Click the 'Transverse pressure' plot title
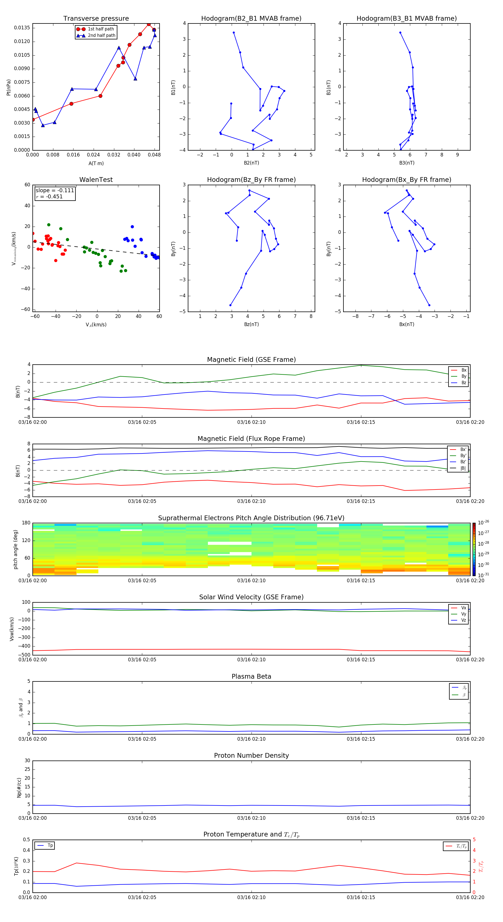pos(96,19)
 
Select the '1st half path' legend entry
pos(101,29)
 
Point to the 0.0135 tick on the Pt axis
pos(22,28)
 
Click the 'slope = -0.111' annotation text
pos(55,191)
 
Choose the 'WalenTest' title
pos(96,180)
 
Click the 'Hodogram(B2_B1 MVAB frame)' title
pos(251,19)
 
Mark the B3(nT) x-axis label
pos(407,163)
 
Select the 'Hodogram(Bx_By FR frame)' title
pos(406,180)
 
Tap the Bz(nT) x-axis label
pos(251,324)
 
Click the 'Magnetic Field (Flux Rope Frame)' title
pos(251,439)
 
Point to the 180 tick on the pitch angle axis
pos(26,523)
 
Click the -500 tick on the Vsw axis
pos(24,655)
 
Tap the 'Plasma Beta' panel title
pos(251,676)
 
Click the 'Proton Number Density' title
pos(251,755)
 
